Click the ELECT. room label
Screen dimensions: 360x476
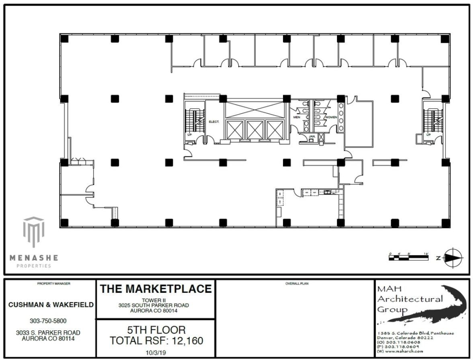click(214, 121)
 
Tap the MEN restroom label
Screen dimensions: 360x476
click(297, 117)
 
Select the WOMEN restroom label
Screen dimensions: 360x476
click(331, 117)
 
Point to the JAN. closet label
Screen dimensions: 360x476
click(312, 137)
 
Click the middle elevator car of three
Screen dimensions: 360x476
click(254, 130)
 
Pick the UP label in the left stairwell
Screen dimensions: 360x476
click(189, 135)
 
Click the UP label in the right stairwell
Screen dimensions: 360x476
click(428, 135)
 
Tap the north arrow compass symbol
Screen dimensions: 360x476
click(453, 258)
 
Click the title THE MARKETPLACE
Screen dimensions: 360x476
click(156, 288)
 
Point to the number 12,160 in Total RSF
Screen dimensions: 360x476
click(186, 341)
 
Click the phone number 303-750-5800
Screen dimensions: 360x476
click(48, 321)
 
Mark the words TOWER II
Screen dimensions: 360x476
click(154, 300)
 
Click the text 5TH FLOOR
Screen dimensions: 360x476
click(156, 330)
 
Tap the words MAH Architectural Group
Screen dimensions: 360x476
click(409, 299)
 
